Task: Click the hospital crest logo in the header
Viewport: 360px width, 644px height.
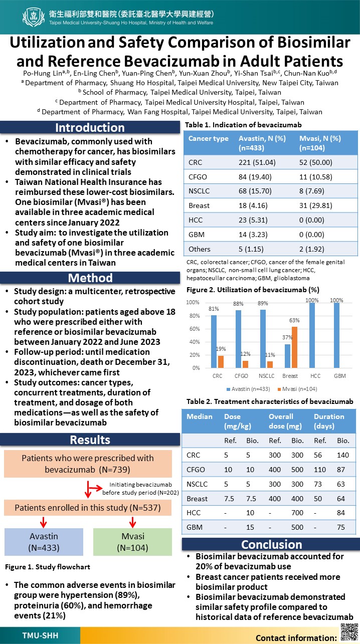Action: pyautogui.click(x=34, y=17)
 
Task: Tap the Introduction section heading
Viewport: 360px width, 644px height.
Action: pyautogui.click(x=90, y=127)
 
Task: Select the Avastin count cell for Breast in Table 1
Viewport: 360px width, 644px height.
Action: pyautogui.click(x=253, y=205)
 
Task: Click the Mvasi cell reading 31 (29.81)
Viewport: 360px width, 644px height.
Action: pyautogui.click(x=316, y=205)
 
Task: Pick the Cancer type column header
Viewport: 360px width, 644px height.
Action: pyautogui.click(x=209, y=139)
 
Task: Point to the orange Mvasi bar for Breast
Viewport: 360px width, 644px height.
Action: pyautogui.click(x=294, y=347)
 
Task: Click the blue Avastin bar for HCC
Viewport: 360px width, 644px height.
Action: pyautogui.click(x=312, y=335)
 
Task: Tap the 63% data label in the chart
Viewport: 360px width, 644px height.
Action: pyautogui.click(x=294, y=320)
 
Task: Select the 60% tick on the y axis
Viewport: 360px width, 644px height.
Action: pyautogui.click(x=195, y=329)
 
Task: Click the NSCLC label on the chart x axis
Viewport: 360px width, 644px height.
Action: pyautogui.click(x=267, y=376)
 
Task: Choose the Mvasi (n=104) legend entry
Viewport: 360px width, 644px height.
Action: pyautogui.click(x=297, y=389)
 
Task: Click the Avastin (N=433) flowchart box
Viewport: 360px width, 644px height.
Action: pyautogui.click(x=44, y=542)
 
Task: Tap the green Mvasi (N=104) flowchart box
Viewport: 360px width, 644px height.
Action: pyautogui.click(x=132, y=542)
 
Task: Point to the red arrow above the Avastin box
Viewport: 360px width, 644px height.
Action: pyautogui.click(x=44, y=522)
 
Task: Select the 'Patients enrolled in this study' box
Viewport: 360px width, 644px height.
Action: pyautogui.click(x=88, y=508)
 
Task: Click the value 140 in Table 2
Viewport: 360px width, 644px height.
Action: pyautogui.click(x=343, y=455)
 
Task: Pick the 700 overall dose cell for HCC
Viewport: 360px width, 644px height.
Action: pyautogui.click(x=297, y=513)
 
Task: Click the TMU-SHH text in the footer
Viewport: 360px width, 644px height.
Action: pyautogui.click(x=40, y=635)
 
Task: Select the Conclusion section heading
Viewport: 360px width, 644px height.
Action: pyautogui.click(x=271, y=545)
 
